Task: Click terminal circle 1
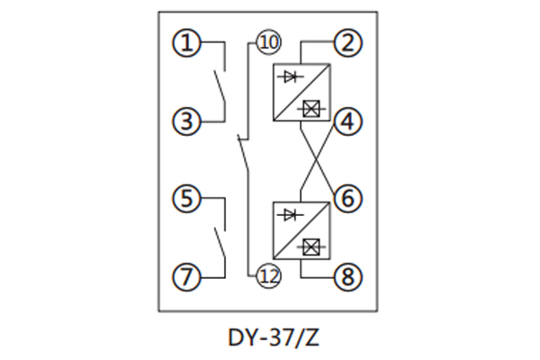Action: pos(186,42)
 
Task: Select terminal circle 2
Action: pos(348,42)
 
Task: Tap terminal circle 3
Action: pos(186,121)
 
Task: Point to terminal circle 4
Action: pos(348,121)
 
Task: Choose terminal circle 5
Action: pos(186,198)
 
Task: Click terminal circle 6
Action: pos(348,198)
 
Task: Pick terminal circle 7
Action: pos(186,275)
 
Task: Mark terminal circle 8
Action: pos(348,275)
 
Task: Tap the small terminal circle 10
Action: pos(268,41)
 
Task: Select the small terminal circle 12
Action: pos(268,275)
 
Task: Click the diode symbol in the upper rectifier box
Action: pos(290,77)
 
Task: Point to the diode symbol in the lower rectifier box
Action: pos(290,214)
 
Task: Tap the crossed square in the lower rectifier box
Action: pos(313,245)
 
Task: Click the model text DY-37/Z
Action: pos(269,338)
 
